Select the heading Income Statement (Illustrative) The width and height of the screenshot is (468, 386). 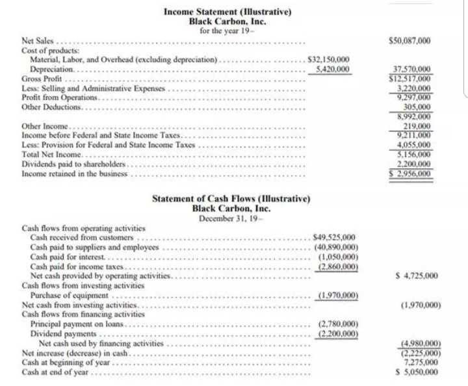pyautogui.click(x=227, y=12)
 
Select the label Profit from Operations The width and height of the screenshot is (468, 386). pyautogui.click(x=59, y=97)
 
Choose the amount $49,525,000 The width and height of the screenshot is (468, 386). pyautogui.click(x=334, y=238)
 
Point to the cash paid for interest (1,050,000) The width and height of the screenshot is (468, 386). pyautogui.click(x=337, y=257)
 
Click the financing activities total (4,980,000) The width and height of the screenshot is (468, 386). pyautogui.click(x=418, y=343)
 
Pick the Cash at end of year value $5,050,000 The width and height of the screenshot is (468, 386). pyautogui.click(x=416, y=372)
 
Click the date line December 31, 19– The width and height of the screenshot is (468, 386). pyautogui.click(x=231, y=218)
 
